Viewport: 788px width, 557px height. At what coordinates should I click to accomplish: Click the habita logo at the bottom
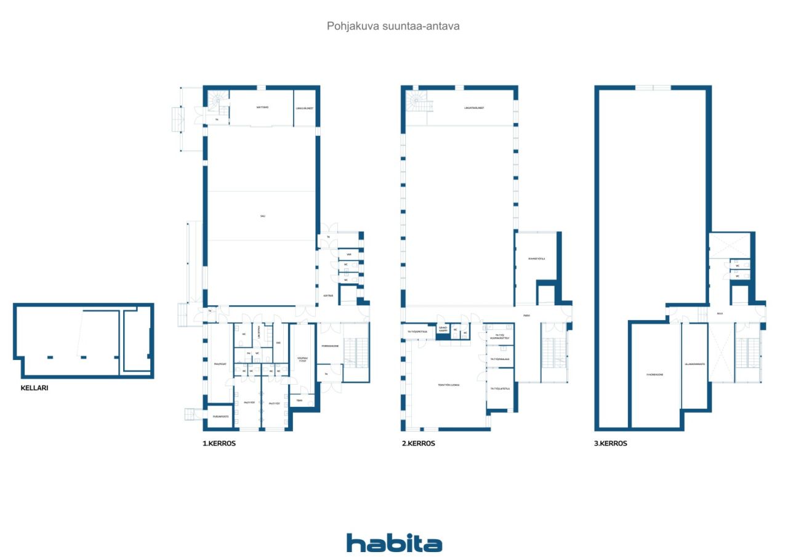(x=394, y=543)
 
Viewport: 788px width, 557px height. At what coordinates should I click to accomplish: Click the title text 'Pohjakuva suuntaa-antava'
(x=394, y=26)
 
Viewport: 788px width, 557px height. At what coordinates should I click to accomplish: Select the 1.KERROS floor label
(x=219, y=443)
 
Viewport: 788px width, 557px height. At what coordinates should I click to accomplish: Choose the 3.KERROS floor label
(x=611, y=443)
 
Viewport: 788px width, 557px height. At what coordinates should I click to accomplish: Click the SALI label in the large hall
(x=262, y=215)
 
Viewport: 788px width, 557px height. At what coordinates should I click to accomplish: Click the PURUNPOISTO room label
(x=220, y=417)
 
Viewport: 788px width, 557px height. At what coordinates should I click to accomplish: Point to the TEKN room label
(x=299, y=401)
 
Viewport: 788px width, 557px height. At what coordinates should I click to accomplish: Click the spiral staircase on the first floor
(x=217, y=100)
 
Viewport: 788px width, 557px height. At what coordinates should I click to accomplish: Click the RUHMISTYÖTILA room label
(x=536, y=258)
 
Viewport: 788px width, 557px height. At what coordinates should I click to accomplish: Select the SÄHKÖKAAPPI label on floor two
(x=443, y=328)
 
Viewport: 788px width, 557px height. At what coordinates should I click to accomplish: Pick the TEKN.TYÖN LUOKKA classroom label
(x=449, y=385)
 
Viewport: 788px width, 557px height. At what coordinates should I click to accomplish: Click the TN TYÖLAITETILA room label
(x=499, y=388)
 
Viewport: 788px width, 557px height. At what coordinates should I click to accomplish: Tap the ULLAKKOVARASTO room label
(x=694, y=364)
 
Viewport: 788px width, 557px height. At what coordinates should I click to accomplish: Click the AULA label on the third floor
(x=720, y=313)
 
